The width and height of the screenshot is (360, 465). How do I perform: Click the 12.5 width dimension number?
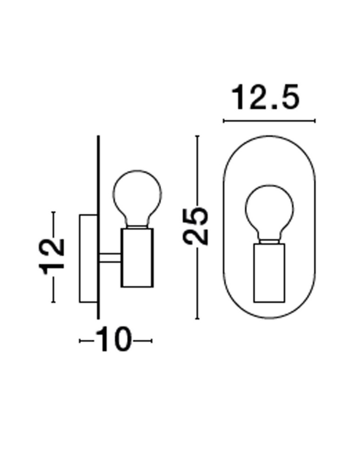click(x=266, y=97)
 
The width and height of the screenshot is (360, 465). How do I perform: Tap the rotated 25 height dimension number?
click(x=196, y=226)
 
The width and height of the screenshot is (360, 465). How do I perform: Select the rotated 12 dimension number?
click(x=51, y=256)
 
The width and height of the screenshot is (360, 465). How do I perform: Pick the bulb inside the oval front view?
click(x=269, y=214)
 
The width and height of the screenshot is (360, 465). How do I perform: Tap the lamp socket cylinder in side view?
click(x=137, y=258)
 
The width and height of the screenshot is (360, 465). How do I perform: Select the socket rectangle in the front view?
click(x=269, y=273)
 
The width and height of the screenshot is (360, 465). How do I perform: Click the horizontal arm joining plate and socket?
click(x=110, y=258)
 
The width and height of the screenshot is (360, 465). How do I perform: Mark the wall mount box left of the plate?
click(x=88, y=258)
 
